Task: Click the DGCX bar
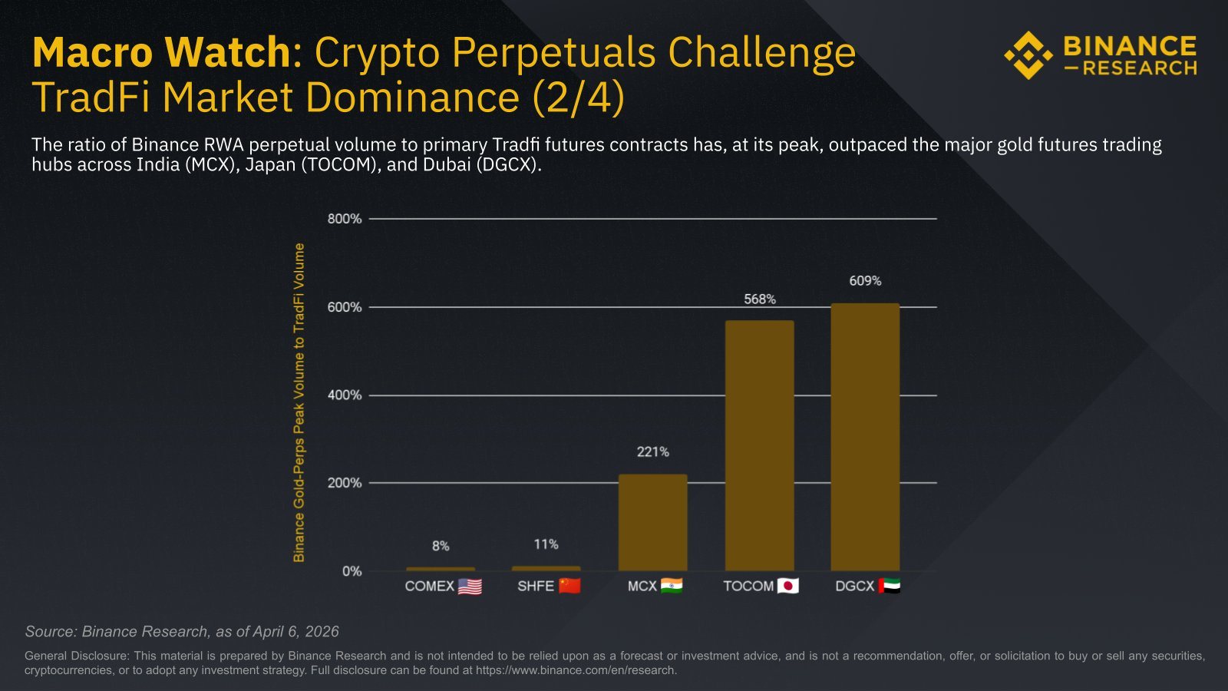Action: click(865, 437)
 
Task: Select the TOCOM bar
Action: click(759, 445)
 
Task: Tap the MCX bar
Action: click(652, 522)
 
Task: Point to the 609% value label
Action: click(865, 281)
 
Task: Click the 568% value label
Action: click(760, 299)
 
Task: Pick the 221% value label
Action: click(653, 452)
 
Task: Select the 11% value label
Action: click(546, 544)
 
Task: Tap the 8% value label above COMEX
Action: click(441, 546)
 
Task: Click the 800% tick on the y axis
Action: click(345, 219)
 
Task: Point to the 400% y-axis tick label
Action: click(345, 395)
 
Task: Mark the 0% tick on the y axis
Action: click(352, 571)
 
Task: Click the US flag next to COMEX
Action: click(470, 587)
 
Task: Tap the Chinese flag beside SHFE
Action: click(569, 586)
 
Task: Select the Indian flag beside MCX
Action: click(672, 586)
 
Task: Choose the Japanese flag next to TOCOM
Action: click(788, 586)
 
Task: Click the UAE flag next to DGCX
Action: click(890, 586)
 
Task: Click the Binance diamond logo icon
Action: click(1028, 55)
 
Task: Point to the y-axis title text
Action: click(299, 402)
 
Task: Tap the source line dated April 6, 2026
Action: click(182, 631)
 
